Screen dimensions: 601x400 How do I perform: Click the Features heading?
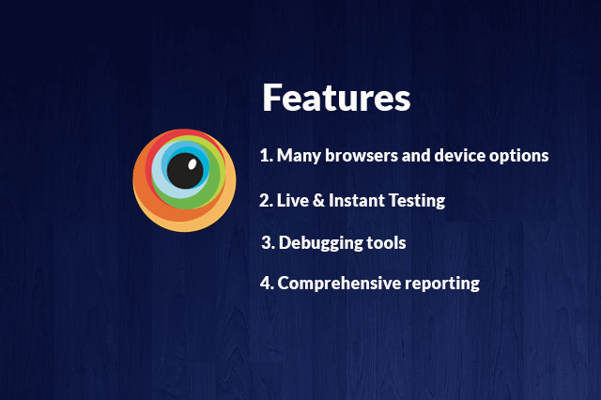pos(336,98)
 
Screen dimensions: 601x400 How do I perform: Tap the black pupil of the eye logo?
pos(185,171)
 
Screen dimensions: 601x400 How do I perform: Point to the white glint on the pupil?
pos(192,164)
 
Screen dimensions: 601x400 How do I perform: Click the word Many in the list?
pos(299,156)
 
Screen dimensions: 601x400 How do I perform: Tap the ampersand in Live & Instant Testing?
pos(318,200)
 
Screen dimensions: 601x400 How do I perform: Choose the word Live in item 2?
pos(293,200)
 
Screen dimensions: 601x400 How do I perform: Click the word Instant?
pos(357,200)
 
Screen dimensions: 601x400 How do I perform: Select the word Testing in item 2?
pos(417,201)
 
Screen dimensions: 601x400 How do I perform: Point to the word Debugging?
pos(321,243)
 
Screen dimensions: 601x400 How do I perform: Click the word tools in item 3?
pos(386,243)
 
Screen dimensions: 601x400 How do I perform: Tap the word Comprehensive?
pos(339,284)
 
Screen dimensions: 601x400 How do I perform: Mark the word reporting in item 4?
pos(442,285)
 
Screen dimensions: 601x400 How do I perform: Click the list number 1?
pos(267,156)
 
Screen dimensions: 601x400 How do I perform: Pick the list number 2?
pos(266,200)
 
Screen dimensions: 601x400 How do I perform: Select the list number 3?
pos(268,243)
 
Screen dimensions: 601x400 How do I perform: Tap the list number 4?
pos(267,284)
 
